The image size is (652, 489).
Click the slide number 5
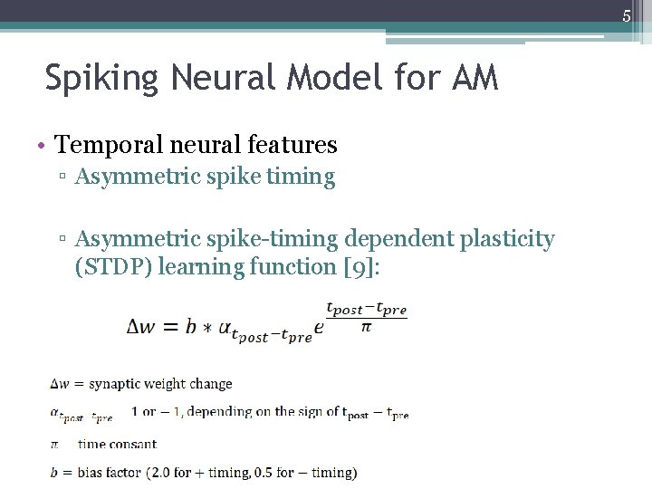click(x=626, y=15)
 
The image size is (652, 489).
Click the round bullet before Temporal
click(x=43, y=145)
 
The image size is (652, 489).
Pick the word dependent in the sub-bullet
click(x=397, y=239)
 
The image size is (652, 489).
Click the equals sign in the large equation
click(x=170, y=327)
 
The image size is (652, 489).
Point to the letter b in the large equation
click(x=190, y=326)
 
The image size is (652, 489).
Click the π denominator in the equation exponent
click(x=366, y=327)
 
